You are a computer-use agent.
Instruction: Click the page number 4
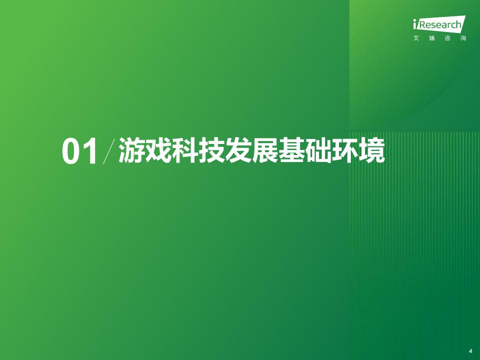tap(470, 350)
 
